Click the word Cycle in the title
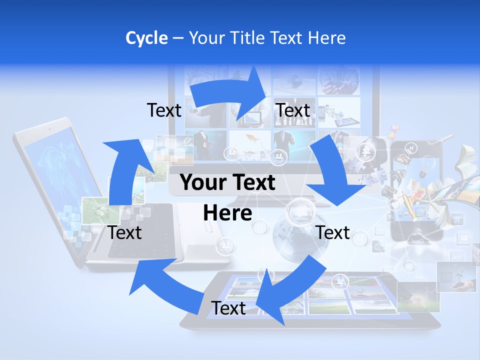146,38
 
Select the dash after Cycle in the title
177,38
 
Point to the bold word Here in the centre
227,213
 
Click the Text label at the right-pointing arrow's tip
293,110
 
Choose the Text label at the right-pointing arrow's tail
164,110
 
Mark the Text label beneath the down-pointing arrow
333,232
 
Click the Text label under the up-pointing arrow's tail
125,232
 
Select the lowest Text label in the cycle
228,308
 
